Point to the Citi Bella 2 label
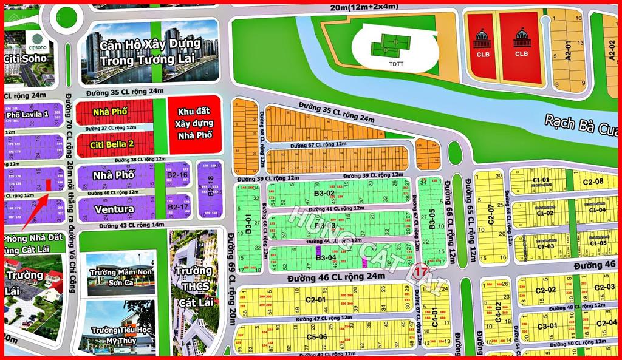(113, 144)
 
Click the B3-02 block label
(325, 194)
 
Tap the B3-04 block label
(326, 257)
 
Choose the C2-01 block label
(316, 299)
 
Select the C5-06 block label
(316, 337)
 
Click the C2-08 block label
(593, 182)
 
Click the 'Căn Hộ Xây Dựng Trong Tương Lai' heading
(151, 52)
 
